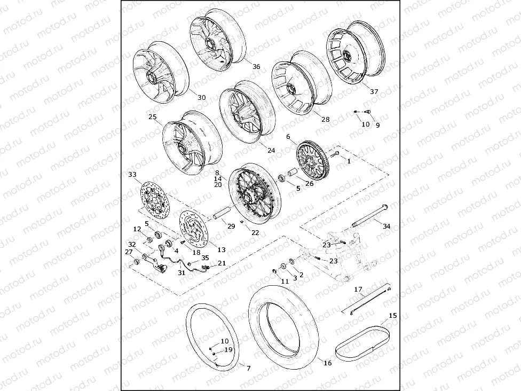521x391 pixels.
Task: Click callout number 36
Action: click(256, 67)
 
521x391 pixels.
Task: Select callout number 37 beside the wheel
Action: click(374, 92)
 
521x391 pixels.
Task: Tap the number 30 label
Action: click(201, 98)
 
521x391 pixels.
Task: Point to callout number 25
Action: click(153, 116)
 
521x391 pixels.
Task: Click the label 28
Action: click(325, 120)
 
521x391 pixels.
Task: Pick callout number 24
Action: click(271, 151)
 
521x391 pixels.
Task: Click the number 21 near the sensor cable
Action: click(222, 263)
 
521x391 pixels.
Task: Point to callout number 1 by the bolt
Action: click(349, 160)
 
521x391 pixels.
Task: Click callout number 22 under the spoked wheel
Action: click(255, 232)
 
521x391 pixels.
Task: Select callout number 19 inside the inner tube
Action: click(228, 350)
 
